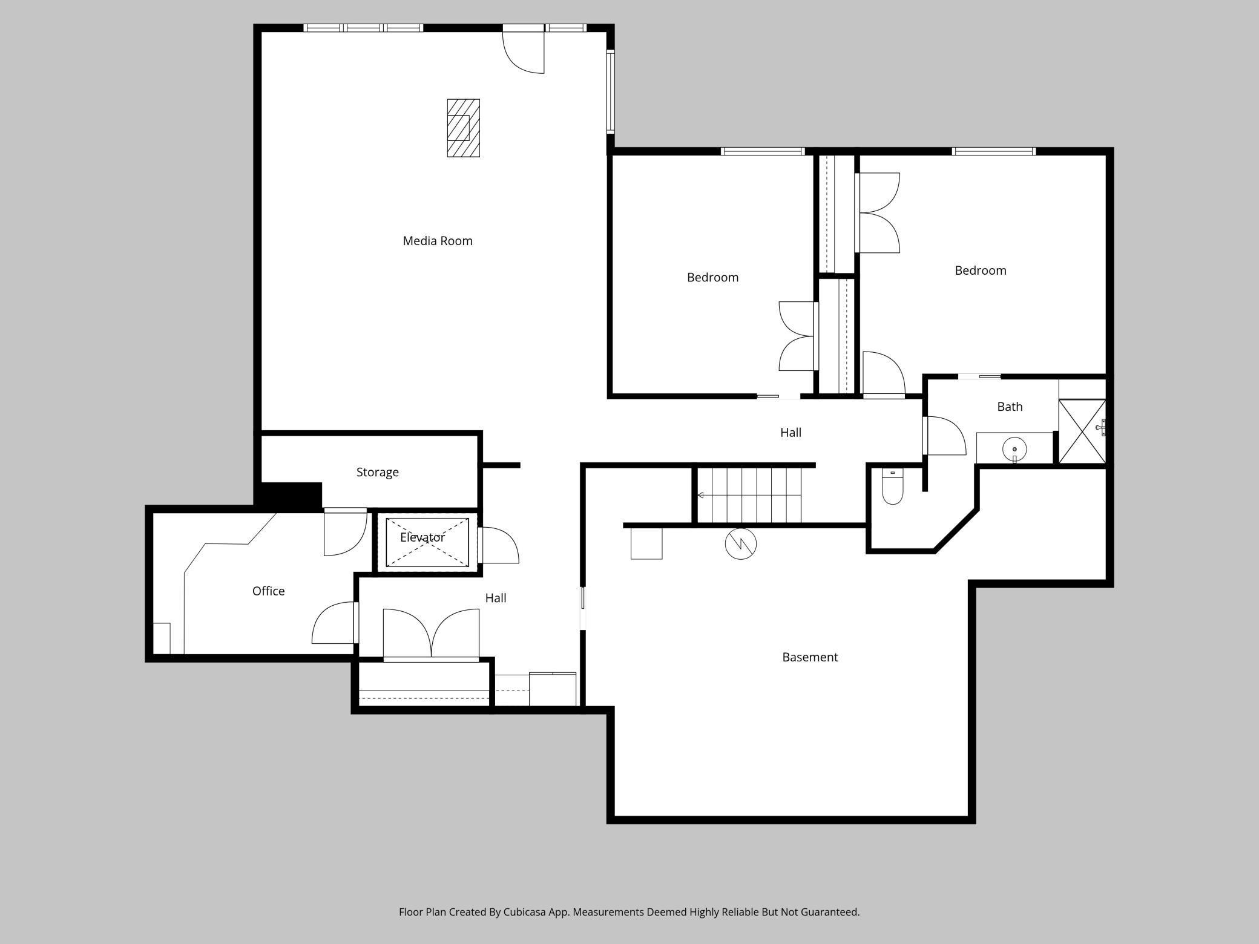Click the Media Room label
(437, 241)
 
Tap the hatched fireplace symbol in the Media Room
(463, 128)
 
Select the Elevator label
(422, 537)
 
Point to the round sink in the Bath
(1014, 449)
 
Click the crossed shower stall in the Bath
(1082, 431)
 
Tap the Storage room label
(377, 472)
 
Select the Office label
(268, 591)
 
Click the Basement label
(809, 657)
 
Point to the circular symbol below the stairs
(740, 543)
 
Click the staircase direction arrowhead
(700, 495)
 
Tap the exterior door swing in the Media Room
(524, 53)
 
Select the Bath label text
(1009, 407)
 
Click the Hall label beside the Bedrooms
(790, 433)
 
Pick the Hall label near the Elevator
(495, 598)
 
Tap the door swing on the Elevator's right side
(499, 546)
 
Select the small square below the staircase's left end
(646, 543)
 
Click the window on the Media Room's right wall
(610, 91)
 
